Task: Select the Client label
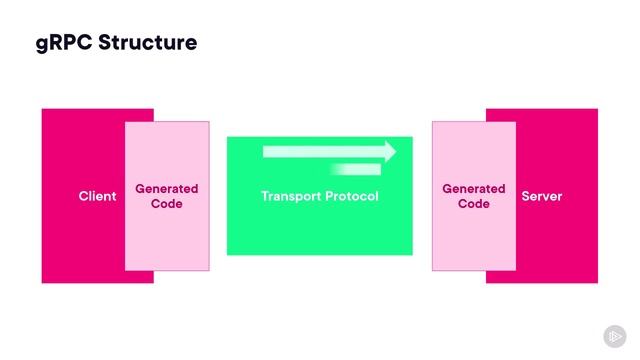97,197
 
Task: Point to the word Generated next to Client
167,189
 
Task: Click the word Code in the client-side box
167,204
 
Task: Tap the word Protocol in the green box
353,197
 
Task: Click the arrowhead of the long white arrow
389,152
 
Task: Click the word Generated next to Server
474,189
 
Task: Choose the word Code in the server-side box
474,204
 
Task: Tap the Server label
542,197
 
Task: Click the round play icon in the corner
614,336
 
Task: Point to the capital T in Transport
265,197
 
